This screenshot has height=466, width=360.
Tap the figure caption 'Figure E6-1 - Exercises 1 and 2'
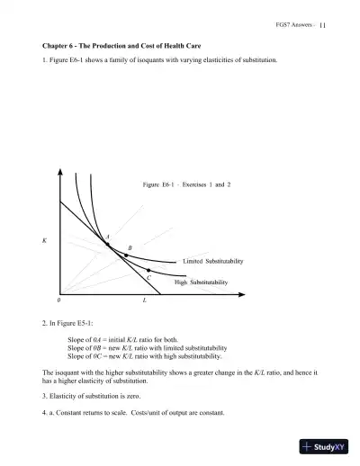point(187,184)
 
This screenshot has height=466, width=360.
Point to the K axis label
point(45,241)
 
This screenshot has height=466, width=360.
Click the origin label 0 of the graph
point(59,299)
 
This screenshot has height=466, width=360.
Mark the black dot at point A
point(108,244)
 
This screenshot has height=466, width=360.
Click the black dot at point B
point(126,255)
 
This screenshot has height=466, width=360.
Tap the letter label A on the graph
point(108,236)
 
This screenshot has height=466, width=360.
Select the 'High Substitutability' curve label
point(202,282)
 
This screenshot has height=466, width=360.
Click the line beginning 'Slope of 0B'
point(148,347)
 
